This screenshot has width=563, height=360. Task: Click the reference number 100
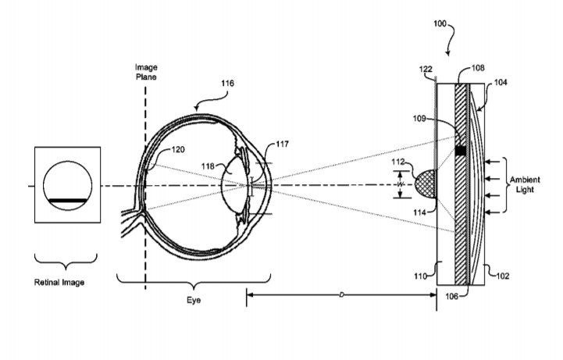(440, 23)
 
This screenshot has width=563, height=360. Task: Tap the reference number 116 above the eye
(227, 84)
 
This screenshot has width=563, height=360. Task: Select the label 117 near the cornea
(282, 144)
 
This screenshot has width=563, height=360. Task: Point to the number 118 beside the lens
(208, 166)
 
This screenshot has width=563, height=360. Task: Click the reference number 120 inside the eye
(178, 149)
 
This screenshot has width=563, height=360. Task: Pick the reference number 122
(426, 69)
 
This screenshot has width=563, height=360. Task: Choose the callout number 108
(478, 68)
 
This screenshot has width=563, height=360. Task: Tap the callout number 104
(501, 82)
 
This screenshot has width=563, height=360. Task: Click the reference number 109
(419, 118)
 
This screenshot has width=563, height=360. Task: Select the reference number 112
(397, 162)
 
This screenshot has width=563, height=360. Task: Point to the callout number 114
(419, 212)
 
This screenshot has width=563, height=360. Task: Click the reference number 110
(420, 276)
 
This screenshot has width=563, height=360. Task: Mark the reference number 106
(451, 296)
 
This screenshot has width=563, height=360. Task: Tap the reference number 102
(503, 276)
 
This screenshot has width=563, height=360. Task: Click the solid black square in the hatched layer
(460, 151)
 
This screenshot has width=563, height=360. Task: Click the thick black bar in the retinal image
(67, 201)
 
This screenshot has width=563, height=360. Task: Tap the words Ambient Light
(525, 184)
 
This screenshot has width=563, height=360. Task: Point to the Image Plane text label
(146, 72)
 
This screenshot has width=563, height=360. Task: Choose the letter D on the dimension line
(341, 294)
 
